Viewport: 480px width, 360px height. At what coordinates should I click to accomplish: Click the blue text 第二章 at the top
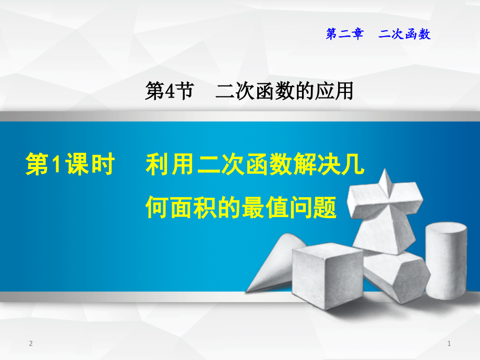pyautogui.click(x=344, y=34)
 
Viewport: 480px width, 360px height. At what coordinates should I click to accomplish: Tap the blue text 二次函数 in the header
pyautogui.click(x=405, y=34)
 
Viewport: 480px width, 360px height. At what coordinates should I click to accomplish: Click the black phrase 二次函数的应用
pyautogui.click(x=284, y=92)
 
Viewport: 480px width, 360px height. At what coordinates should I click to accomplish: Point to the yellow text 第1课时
pyautogui.click(x=70, y=165)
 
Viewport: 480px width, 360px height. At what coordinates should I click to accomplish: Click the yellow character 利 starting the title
pyautogui.click(x=157, y=165)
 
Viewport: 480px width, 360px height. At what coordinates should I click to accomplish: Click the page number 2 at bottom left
pyautogui.click(x=31, y=343)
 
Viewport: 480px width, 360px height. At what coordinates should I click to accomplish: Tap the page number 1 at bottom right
pyautogui.click(x=449, y=343)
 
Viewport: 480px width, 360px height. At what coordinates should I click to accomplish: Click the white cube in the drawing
pyautogui.click(x=327, y=277)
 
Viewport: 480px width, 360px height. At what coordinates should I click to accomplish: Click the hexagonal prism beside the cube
pyautogui.click(x=394, y=274)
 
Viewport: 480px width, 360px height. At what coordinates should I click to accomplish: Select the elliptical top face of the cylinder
pyautogui.click(x=446, y=230)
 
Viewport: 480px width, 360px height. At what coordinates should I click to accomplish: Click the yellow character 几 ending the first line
pyautogui.click(x=353, y=165)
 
